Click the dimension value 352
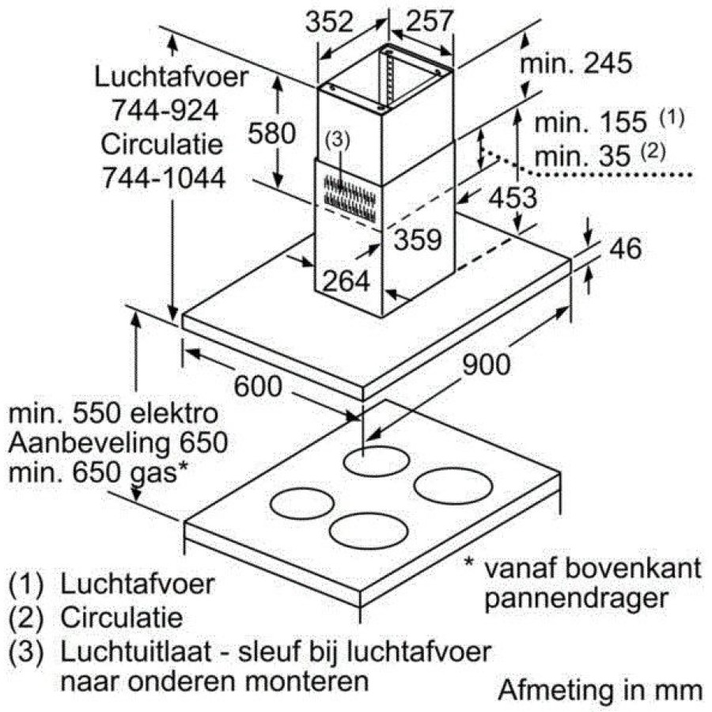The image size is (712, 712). click(329, 21)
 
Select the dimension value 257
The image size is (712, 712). click(430, 20)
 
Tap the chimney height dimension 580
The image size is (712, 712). click(271, 133)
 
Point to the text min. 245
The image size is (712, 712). click(576, 62)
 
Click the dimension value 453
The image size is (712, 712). click(513, 198)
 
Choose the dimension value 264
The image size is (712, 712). click(346, 281)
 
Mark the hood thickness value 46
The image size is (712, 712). click(625, 248)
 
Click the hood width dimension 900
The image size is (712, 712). click(486, 365)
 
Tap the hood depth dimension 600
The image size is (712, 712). click(258, 386)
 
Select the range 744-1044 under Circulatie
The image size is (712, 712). click(164, 177)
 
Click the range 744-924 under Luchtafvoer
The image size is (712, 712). click(165, 110)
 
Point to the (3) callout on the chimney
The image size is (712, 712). click(337, 140)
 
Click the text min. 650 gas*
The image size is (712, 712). click(98, 473)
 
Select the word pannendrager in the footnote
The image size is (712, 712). click(576, 598)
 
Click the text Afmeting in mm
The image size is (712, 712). click(600, 691)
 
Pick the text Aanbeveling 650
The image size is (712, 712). click(118, 442)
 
